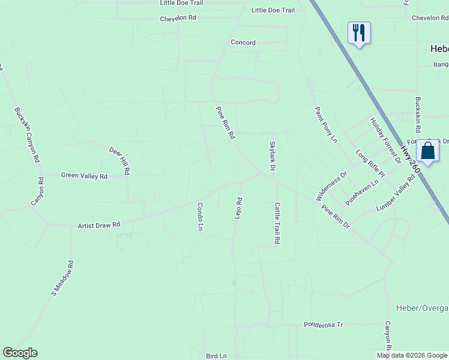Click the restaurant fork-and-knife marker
[359, 32]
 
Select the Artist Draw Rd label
[99, 225]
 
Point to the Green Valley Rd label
[84, 176]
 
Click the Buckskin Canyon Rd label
[26, 135]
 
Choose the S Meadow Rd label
[62, 278]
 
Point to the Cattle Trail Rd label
[278, 223]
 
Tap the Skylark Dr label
[272, 156]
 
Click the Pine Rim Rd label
[226, 123]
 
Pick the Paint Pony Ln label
[326, 125]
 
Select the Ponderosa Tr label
[323, 325]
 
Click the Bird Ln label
[216, 356]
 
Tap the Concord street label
[243, 43]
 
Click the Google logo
[20, 353]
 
